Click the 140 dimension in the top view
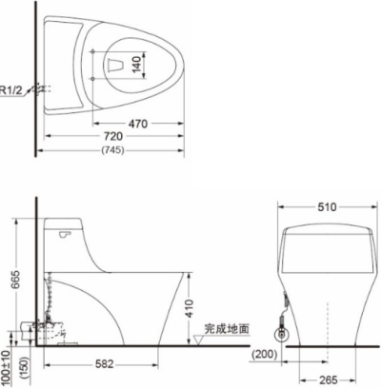pos(137,64)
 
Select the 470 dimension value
pos(138,124)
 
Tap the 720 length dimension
pos(113,136)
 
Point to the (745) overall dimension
pos(112,149)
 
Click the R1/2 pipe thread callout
pos(11,90)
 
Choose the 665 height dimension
pos(15,280)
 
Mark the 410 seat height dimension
pos(189,308)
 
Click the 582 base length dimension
pos(105,364)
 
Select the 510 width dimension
pos(327,207)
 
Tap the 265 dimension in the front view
pos(329,380)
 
